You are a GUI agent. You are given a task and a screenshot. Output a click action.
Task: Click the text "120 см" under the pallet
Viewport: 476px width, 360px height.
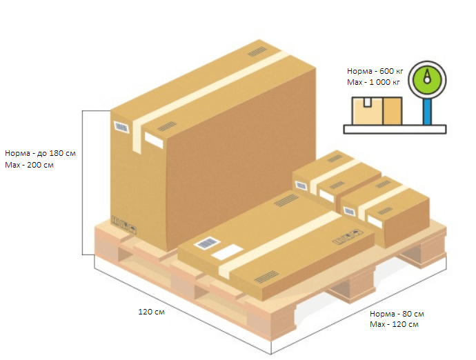pyautogui.click(x=151, y=312)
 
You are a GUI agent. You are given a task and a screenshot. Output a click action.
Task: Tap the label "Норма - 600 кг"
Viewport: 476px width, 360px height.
pyautogui.click(x=373, y=71)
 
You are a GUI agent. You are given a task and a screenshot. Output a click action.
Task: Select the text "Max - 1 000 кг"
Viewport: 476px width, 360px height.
pyautogui.click(x=373, y=82)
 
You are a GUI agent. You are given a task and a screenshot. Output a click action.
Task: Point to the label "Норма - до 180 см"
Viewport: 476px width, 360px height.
pyautogui.click(x=40, y=153)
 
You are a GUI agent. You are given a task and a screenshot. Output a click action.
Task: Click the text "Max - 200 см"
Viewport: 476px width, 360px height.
pyautogui.click(x=29, y=166)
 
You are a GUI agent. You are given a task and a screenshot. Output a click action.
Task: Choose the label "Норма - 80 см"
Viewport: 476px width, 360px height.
pyautogui.click(x=397, y=314)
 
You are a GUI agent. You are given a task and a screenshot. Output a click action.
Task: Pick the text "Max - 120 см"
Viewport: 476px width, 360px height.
pyautogui.click(x=394, y=324)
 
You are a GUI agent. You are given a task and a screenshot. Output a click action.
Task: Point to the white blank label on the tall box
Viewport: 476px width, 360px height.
pyautogui.click(x=154, y=140)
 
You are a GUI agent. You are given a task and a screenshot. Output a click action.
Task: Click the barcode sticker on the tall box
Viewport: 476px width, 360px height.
pyautogui.click(x=122, y=128)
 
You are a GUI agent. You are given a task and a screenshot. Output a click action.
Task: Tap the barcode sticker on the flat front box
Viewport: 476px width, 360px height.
pyautogui.click(x=205, y=243)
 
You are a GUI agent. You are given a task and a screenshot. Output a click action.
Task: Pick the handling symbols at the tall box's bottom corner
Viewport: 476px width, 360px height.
pyautogui.click(x=124, y=225)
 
